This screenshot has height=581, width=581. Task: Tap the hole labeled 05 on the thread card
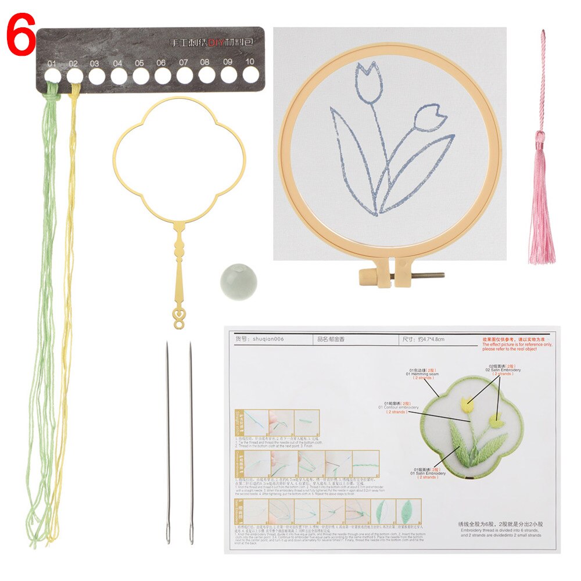point(140,76)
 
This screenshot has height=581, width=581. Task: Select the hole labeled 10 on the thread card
point(250,74)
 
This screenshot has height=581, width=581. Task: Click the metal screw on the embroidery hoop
point(421,275)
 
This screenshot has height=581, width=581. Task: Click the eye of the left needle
point(168,532)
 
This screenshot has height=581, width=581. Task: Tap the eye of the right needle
point(191,532)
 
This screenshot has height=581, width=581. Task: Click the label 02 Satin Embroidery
point(503,370)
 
